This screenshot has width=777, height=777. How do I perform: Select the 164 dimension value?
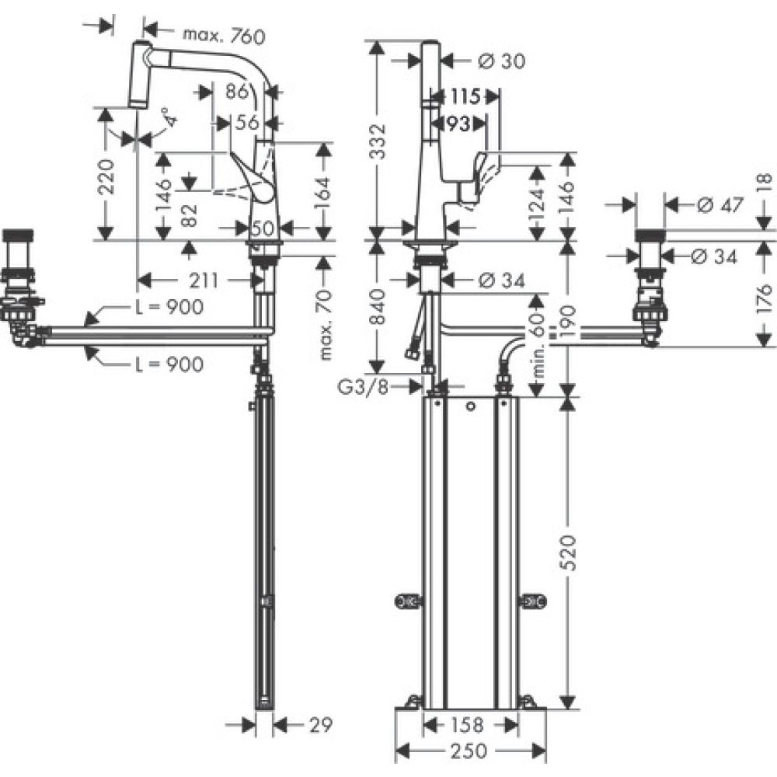click(322, 188)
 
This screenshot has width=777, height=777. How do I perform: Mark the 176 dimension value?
click(765, 295)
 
